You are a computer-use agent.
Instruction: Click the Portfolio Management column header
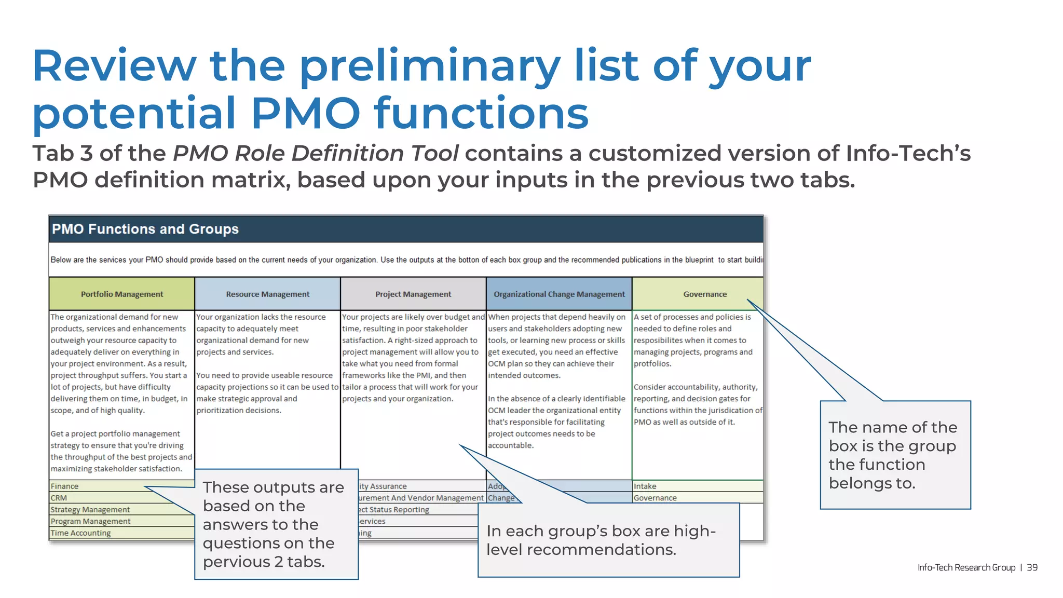tap(121, 294)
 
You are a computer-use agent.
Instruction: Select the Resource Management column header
tap(267, 294)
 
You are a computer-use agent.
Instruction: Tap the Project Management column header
tap(413, 294)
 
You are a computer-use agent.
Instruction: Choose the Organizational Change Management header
tap(559, 294)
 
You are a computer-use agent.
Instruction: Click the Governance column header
tap(704, 294)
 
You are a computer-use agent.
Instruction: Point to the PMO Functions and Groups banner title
tap(145, 229)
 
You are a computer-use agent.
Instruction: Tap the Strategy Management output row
tap(90, 510)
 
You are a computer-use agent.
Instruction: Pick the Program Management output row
tap(90, 521)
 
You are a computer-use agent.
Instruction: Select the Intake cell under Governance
tap(645, 486)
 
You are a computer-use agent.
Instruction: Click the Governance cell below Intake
tap(655, 498)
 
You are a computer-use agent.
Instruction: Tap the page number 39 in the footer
tap(1032, 567)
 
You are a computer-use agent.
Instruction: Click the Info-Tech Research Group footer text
tap(966, 567)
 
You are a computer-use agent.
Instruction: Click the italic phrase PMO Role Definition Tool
tap(315, 153)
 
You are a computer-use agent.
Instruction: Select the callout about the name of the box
tap(895, 455)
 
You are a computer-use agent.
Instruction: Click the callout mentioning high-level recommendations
tap(608, 540)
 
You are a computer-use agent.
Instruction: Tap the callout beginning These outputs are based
tap(276, 524)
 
